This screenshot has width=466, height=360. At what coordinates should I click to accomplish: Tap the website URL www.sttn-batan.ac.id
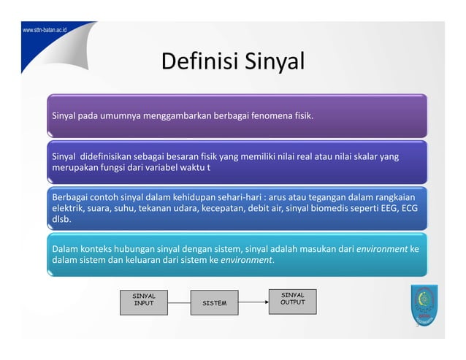click(45, 33)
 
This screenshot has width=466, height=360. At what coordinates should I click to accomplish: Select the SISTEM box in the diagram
click(214, 303)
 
